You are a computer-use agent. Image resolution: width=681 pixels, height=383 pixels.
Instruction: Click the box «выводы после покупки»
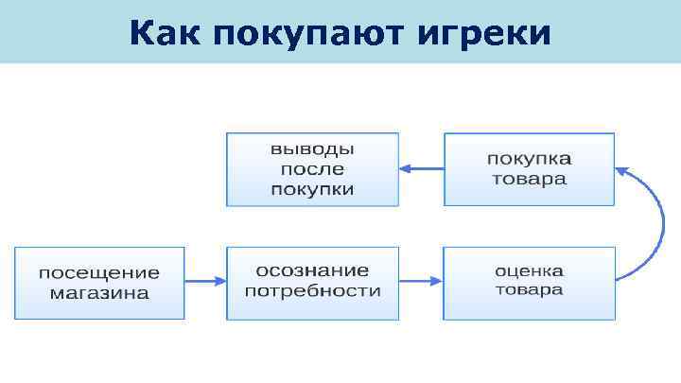tap(312, 169)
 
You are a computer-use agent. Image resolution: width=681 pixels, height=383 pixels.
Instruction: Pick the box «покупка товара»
tap(529, 169)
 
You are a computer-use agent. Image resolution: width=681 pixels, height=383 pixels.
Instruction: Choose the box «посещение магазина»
tap(99, 282)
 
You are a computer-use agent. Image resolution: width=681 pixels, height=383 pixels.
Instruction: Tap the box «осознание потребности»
tap(312, 281)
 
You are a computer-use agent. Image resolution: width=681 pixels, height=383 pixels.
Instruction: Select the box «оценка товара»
tap(529, 281)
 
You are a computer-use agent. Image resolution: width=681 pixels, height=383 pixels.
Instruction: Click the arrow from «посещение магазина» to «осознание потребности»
tap(205, 281)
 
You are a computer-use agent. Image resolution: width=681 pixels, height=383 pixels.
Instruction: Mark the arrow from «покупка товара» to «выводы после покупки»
tap(421, 169)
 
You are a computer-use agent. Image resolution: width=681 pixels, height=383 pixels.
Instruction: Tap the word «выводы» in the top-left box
tap(312, 150)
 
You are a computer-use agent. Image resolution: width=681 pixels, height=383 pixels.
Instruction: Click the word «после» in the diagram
tap(312, 169)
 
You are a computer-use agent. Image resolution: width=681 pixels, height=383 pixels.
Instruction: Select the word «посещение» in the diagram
tap(99, 272)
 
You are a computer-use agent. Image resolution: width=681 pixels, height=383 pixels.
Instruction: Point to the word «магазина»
tap(99, 292)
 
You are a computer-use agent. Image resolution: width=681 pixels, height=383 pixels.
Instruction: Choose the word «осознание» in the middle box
tap(312, 270)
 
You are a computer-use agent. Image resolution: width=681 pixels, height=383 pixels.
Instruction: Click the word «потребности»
tap(312, 290)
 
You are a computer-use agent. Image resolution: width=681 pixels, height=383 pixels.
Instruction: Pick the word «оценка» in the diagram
tap(529, 270)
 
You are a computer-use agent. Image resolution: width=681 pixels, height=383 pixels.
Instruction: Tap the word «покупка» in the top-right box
tap(529, 159)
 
